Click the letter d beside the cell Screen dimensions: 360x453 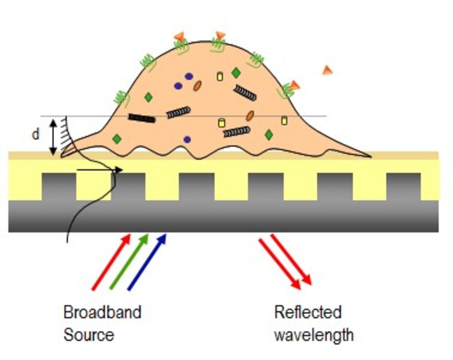(x=36, y=135)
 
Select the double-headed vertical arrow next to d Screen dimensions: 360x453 (x=53, y=136)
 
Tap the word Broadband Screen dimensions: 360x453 (x=102, y=313)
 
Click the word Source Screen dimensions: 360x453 (x=88, y=335)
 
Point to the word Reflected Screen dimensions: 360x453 (x=307, y=313)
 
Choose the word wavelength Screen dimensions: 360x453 (x=313, y=335)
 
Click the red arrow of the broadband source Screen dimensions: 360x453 (x=111, y=262)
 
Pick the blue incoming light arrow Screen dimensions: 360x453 (x=147, y=262)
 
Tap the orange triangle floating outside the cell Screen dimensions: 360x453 (x=327, y=70)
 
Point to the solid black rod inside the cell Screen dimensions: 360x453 (x=142, y=118)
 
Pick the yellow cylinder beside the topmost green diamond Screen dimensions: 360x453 (x=219, y=76)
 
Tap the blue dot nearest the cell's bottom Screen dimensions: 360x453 (x=187, y=139)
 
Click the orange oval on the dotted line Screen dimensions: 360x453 (x=249, y=116)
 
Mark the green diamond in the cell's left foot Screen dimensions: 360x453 (x=117, y=139)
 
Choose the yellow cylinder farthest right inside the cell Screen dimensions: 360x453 (x=284, y=121)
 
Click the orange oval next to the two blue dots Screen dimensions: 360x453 (x=197, y=86)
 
